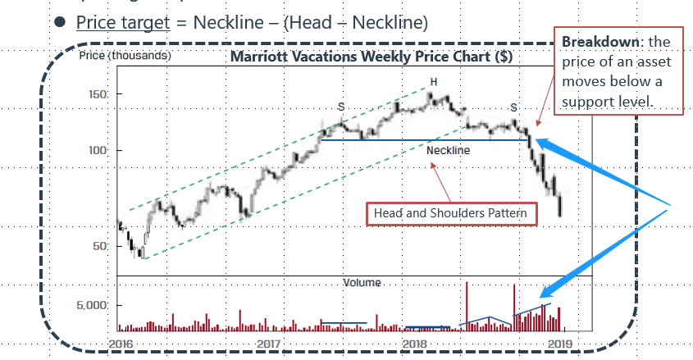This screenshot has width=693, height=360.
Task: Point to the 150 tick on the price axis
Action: [x=98, y=94]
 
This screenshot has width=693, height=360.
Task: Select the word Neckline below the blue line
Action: [x=449, y=150]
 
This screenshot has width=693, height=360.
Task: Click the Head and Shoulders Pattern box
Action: [x=451, y=213]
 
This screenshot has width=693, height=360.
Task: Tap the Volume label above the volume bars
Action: [x=362, y=282]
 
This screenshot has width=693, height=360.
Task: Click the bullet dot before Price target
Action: [x=60, y=22]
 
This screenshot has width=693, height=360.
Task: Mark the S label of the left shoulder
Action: [x=340, y=107]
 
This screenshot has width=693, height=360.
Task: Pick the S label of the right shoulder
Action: [x=513, y=107]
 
